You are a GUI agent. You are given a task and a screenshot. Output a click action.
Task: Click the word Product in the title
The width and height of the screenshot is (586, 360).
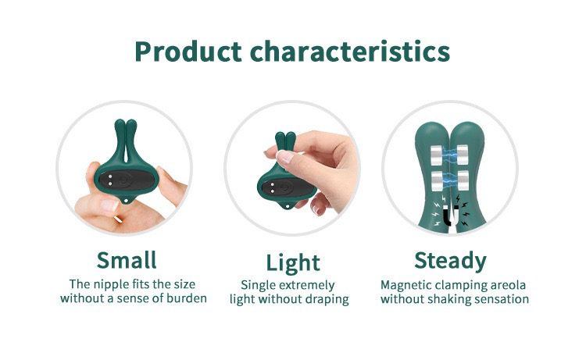click(x=188, y=52)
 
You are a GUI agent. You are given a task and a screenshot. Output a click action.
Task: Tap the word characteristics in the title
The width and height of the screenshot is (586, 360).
click(x=350, y=51)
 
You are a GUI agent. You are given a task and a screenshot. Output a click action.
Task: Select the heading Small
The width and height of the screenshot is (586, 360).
click(x=127, y=260)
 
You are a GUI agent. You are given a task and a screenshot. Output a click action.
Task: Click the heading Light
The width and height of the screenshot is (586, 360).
click(x=293, y=262)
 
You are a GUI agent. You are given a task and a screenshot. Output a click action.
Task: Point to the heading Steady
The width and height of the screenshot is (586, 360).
click(x=450, y=261)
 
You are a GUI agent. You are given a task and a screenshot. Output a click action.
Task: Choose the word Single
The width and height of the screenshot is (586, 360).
click(x=258, y=286)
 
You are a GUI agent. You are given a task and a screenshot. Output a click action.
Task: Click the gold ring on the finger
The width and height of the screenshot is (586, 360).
click(x=117, y=219)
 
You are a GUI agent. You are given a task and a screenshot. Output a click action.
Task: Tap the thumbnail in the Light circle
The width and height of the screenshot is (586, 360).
click(x=284, y=157)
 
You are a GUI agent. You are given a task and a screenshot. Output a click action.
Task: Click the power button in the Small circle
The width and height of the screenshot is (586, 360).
click(x=123, y=180)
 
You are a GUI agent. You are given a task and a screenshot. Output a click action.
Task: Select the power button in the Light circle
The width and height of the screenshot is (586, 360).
click(x=284, y=187)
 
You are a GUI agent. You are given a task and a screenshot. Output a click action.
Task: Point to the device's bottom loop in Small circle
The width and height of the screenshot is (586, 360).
click(x=129, y=201)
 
